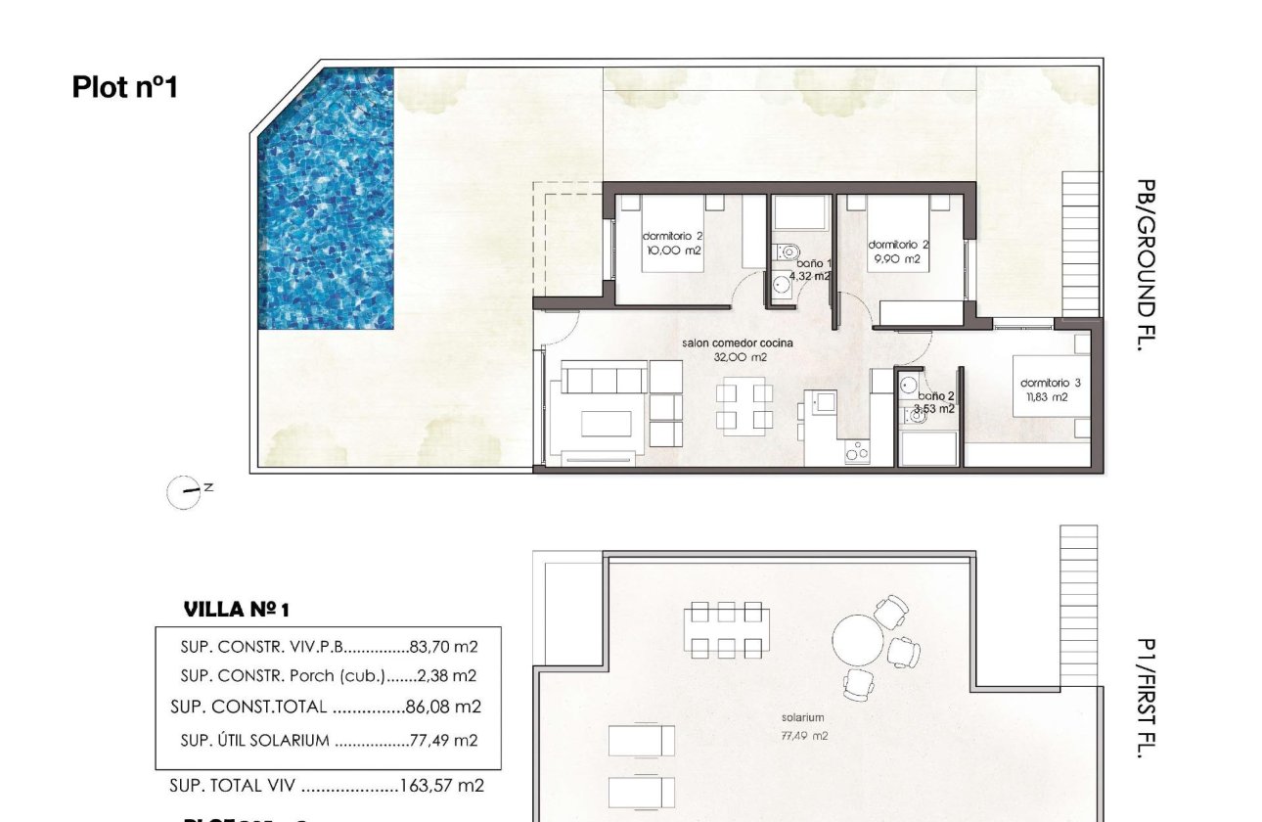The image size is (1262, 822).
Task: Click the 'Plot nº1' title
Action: coord(124,87)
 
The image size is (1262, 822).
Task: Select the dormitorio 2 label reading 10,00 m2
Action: coord(672,244)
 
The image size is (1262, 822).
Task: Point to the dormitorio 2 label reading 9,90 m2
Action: coord(898,251)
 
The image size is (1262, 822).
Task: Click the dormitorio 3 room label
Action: coord(1050,389)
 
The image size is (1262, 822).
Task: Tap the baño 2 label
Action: coord(934,402)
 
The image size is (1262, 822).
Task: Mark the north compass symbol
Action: coord(186,492)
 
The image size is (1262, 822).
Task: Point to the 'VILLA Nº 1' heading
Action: coord(237,610)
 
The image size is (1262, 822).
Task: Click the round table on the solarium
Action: coord(858,641)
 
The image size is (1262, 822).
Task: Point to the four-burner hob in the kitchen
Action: coord(857,452)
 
